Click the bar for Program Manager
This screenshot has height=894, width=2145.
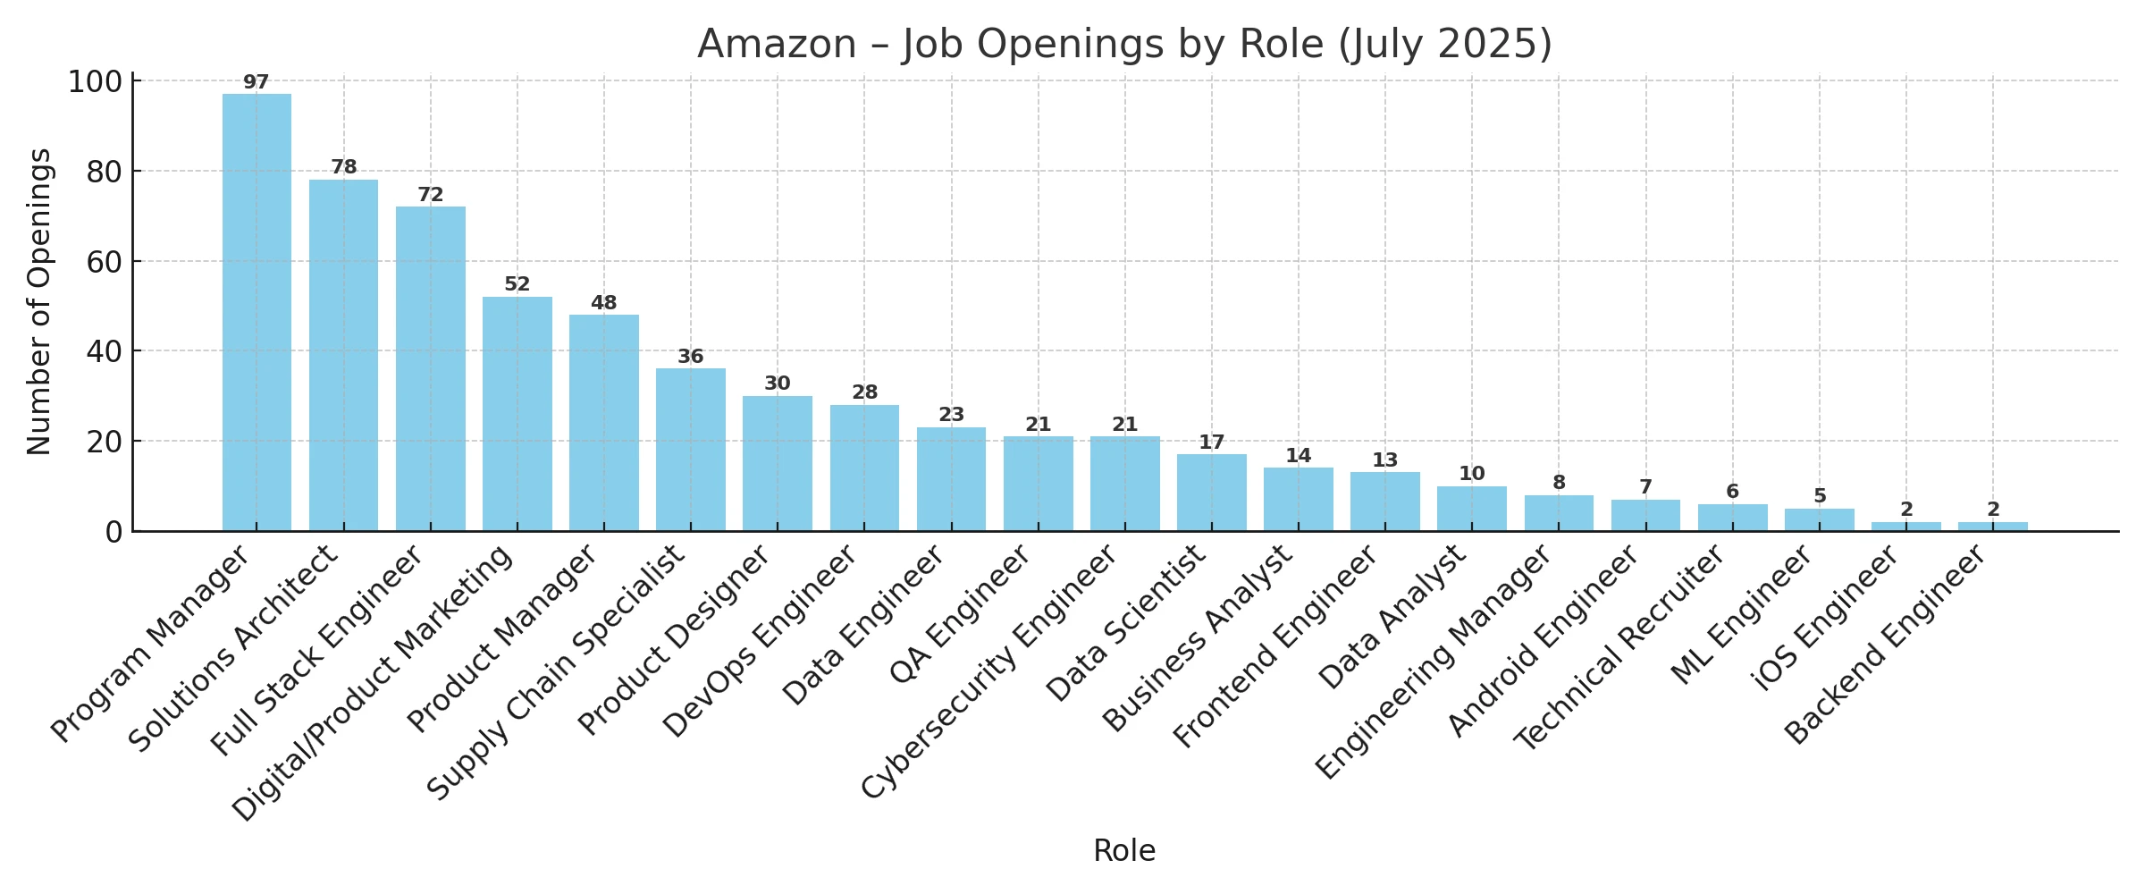[257, 313]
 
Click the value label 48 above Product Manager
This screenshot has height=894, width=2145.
[603, 303]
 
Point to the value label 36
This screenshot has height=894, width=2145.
[690, 357]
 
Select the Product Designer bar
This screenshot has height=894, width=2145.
[777, 464]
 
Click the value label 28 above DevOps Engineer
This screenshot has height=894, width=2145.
[864, 392]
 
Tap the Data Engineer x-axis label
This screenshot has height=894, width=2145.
[863, 625]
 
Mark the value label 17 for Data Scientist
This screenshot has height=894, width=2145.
[1211, 443]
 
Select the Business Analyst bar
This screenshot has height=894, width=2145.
[1298, 500]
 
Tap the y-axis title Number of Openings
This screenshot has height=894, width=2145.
[39, 302]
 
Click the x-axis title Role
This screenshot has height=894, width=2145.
[1124, 851]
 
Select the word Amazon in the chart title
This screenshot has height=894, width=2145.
[776, 44]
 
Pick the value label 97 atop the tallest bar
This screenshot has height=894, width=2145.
[256, 82]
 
